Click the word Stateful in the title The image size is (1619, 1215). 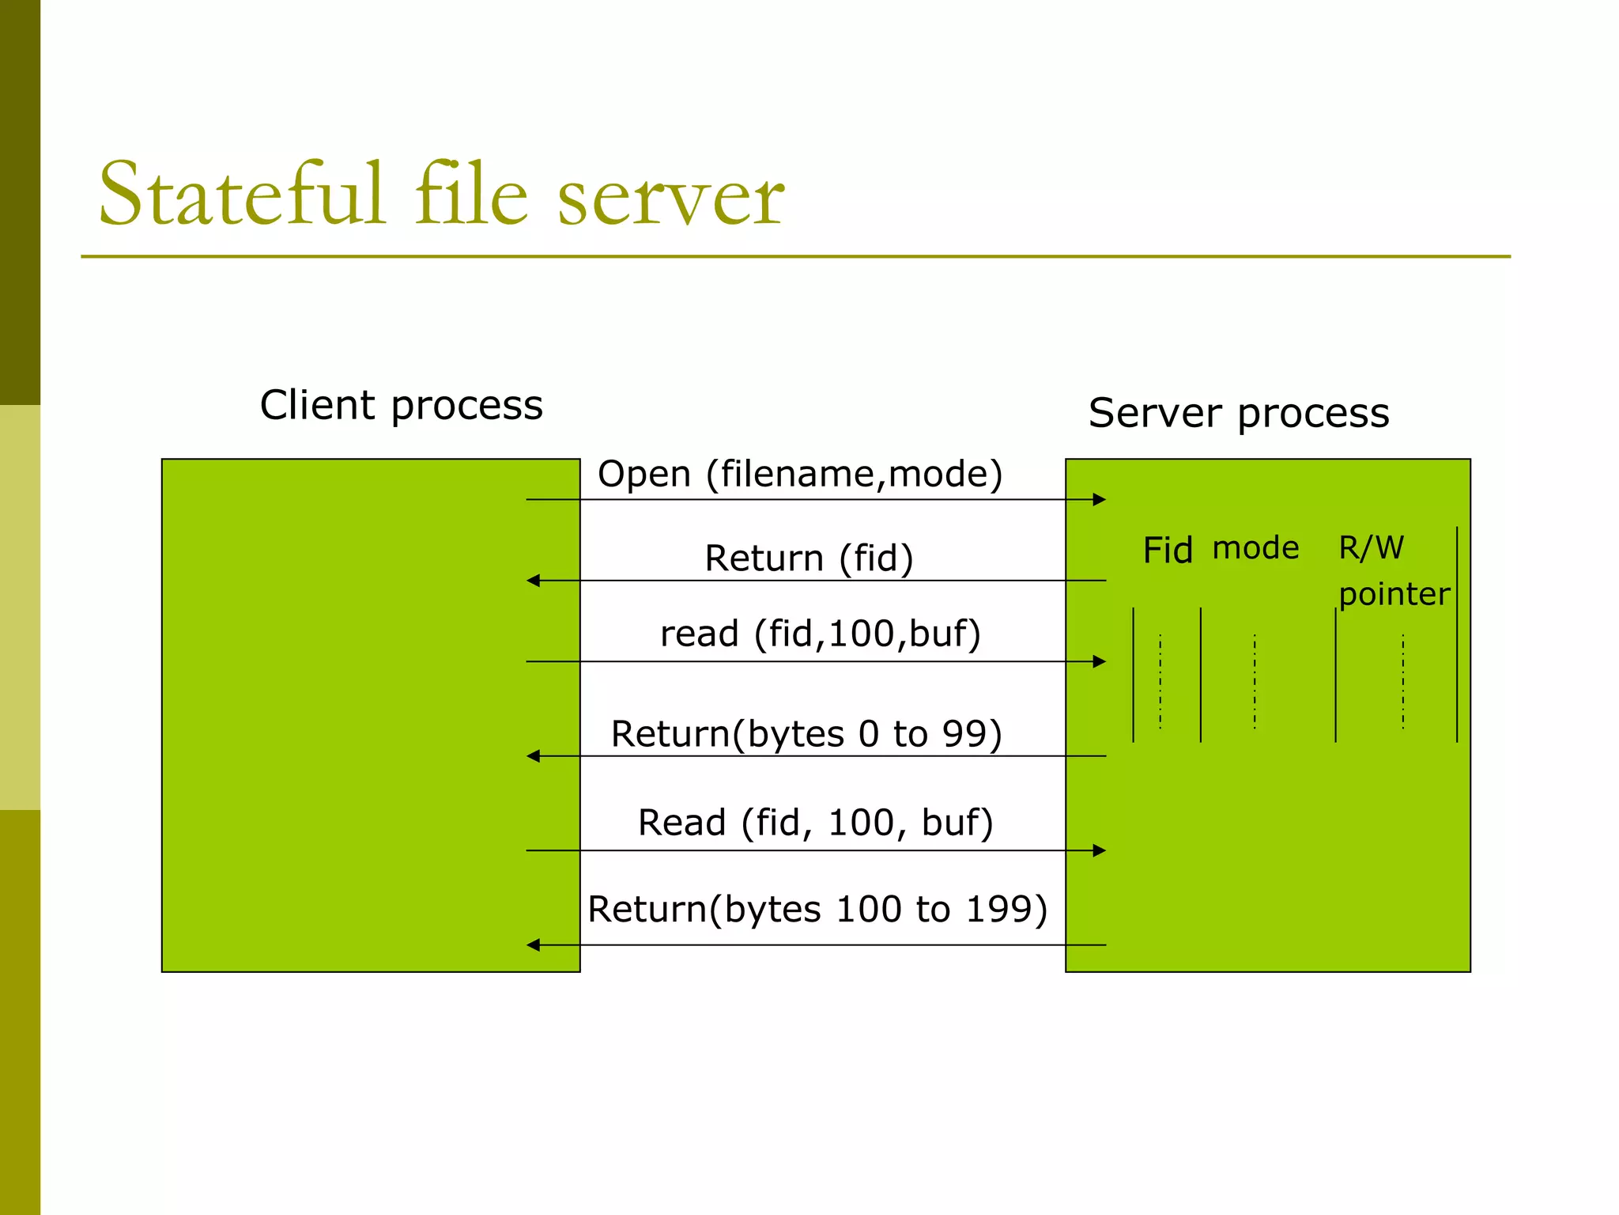tap(241, 195)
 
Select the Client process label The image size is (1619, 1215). tap(401, 406)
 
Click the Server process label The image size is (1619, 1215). tap(1238, 414)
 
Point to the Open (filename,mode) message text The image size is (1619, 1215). tap(799, 475)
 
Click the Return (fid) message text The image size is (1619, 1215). tap(809, 558)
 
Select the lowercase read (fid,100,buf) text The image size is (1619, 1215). tap(820, 634)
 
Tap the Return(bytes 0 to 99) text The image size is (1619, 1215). tap(806, 734)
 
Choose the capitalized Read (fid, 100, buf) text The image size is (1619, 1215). tap(815, 823)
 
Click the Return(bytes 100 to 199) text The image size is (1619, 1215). tap(817, 910)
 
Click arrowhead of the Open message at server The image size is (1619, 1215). tap(1099, 499)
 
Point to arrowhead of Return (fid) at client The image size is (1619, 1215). tap(534, 581)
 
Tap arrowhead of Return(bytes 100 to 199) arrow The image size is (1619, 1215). tap(534, 944)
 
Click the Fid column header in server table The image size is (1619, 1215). tap(1167, 551)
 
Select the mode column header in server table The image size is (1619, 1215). tap(1255, 548)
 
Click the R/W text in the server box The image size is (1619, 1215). tap(1371, 548)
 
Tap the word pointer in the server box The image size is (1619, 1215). tap(1394, 595)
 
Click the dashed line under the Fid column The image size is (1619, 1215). tap(1160, 680)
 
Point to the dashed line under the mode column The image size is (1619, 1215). tap(1255, 680)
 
